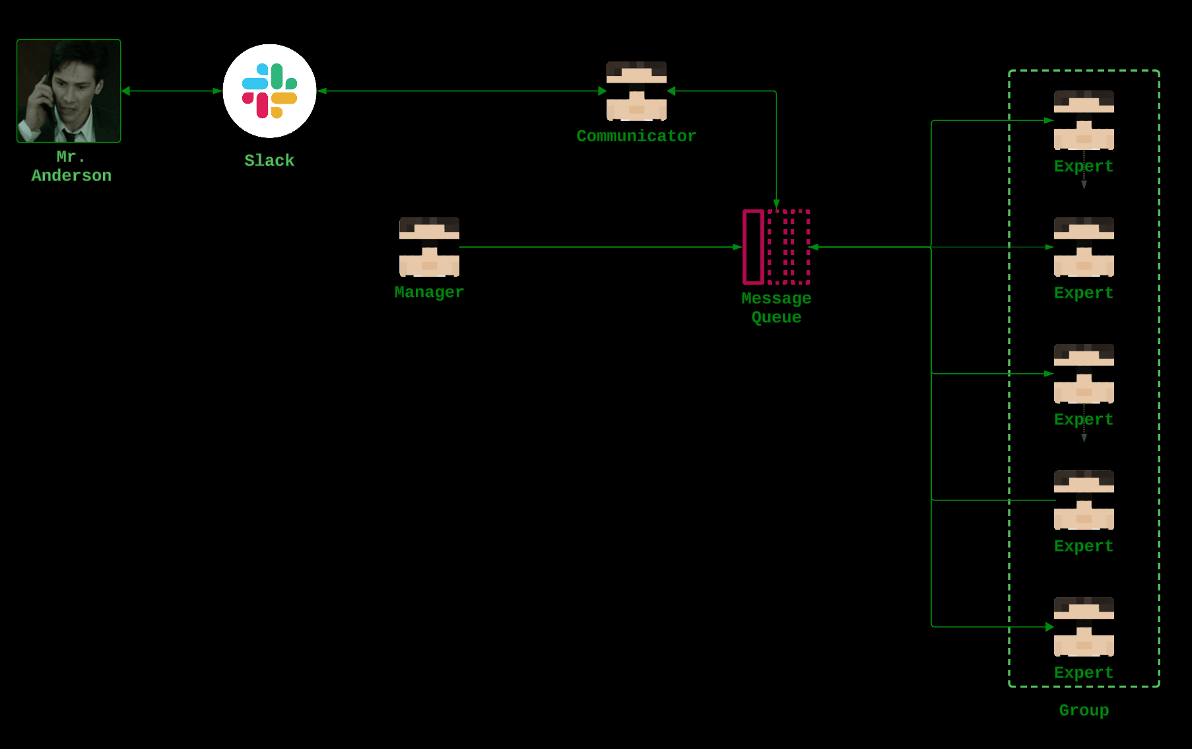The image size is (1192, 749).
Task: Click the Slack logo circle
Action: tap(269, 91)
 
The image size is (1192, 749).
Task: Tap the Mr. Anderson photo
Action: tap(69, 90)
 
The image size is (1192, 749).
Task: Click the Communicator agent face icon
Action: tap(636, 91)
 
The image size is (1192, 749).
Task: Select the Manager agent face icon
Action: tap(429, 247)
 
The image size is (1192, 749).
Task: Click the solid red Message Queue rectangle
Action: tap(753, 247)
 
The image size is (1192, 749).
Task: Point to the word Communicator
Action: tap(636, 136)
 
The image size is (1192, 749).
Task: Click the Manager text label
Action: tap(429, 293)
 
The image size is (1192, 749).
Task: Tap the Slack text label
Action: tap(269, 160)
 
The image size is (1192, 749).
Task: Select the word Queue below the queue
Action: tap(776, 318)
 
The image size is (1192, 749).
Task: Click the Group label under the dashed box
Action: tap(1084, 711)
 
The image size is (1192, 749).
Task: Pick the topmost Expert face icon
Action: tap(1084, 120)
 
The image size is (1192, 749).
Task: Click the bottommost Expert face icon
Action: tap(1084, 627)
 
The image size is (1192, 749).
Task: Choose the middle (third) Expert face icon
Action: tap(1084, 374)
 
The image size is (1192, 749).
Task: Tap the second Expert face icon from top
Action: tap(1084, 247)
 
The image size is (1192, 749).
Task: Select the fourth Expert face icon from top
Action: tap(1084, 500)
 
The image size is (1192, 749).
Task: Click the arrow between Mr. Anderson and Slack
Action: tap(172, 91)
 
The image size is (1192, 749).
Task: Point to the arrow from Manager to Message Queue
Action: tap(601, 247)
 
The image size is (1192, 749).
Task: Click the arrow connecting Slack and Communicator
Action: tap(462, 91)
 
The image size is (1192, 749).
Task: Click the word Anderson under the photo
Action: tap(71, 176)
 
